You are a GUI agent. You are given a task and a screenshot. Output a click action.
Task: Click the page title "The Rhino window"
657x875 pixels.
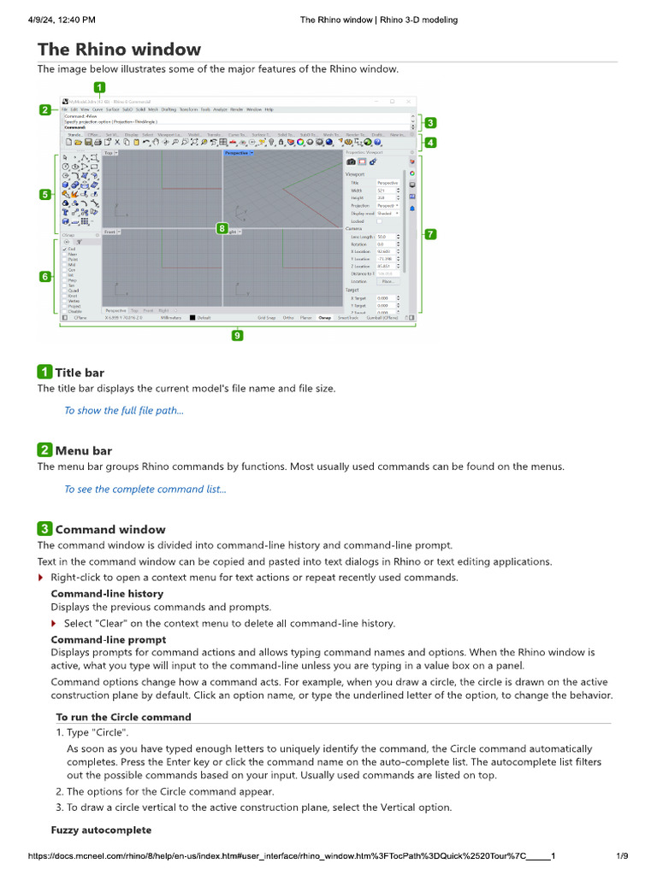click(x=119, y=50)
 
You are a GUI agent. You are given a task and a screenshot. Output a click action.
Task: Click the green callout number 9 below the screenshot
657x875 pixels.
click(x=237, y=336)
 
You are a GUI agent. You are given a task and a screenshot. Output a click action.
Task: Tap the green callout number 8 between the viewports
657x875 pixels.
click(x=222, y=228)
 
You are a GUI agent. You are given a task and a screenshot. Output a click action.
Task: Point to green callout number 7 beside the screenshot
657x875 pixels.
click(x=430, y=233)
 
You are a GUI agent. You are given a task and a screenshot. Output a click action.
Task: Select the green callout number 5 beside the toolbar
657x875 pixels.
click(x=44, y=194)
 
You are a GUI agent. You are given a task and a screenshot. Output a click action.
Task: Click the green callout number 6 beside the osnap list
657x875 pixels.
click(x=44, y=276)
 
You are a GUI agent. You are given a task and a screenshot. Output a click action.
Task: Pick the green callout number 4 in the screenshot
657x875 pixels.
click(x=430, y=143)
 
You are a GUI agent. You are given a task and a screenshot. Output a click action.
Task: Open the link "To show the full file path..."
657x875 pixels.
click(x=124, y=410)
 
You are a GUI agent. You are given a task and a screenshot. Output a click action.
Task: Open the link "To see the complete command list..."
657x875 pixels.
click(x=145, y=490)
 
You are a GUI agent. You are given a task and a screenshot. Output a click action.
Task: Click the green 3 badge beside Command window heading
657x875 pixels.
click(x=44, y=529)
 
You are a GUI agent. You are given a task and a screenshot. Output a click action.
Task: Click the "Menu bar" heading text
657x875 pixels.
click(x=84, y=450)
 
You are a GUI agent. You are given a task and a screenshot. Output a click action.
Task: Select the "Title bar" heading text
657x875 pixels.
click(x=80, y=372)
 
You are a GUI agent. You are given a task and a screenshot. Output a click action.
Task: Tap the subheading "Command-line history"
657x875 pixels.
click(x=107, y=593)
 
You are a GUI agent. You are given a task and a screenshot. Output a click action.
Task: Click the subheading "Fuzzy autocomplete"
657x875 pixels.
click(x=101, y=830)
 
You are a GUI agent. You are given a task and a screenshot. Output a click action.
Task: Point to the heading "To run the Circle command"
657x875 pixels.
click(x=123, y=717)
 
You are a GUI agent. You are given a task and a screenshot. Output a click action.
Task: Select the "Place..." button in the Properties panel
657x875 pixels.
click(x=388, y=280)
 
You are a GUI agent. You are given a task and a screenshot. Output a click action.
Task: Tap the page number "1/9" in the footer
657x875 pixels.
click(x=622, y=856)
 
